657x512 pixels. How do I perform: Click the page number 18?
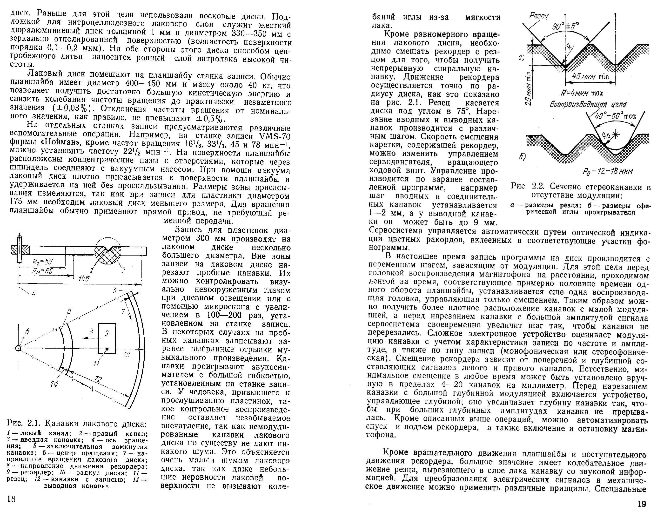pos(11,499)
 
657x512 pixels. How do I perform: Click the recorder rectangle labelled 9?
pos(107,338)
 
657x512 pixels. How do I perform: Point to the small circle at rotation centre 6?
pos(18,348)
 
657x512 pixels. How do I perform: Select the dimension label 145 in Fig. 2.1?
pos(84,279)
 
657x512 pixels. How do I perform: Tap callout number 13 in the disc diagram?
pos(54,384)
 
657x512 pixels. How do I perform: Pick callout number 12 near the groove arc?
pos(98,379)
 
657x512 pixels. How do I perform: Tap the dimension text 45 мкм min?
pos(590,76)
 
